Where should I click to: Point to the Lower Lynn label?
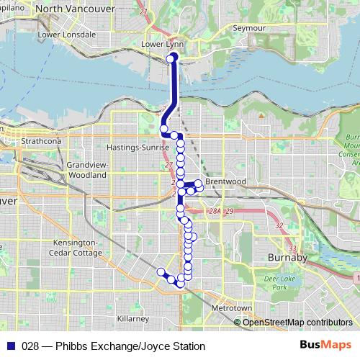[162, 44]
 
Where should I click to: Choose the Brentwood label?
[225, 181]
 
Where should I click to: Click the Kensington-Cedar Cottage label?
[77, 248]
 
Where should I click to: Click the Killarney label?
[133, 318]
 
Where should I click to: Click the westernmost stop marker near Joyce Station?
[161, 271]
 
